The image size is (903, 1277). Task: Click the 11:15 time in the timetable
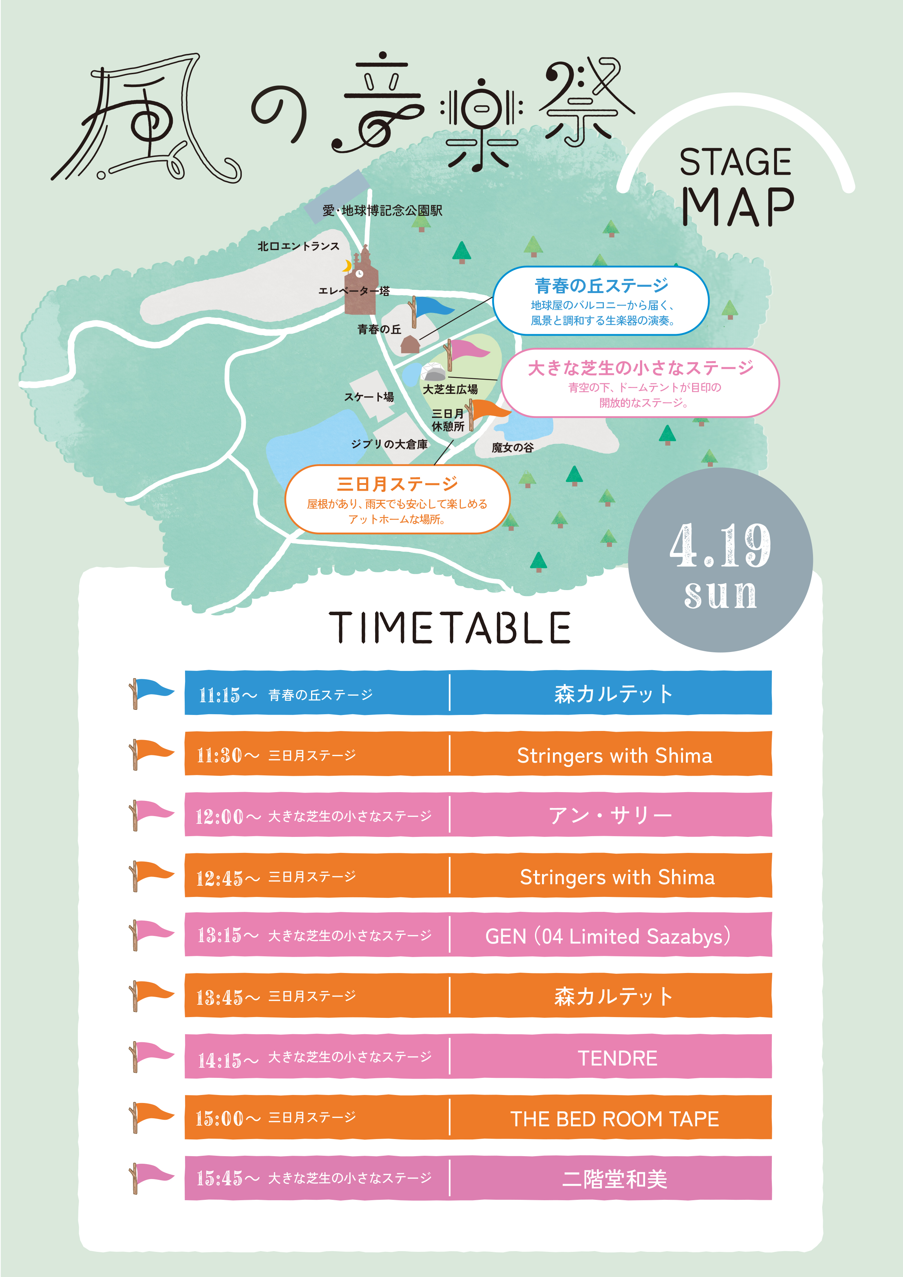219,695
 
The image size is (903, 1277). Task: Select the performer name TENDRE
617,1058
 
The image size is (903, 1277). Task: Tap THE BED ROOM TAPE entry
614,1119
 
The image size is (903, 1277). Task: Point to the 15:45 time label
219,1178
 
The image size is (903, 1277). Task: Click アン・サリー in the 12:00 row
610,815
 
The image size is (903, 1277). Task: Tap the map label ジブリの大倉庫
389,444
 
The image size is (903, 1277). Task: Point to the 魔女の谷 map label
513,447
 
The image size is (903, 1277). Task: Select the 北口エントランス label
298,246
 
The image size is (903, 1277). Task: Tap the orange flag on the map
488,410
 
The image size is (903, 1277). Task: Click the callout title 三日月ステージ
397,483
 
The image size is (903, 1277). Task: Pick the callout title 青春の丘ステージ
601,285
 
